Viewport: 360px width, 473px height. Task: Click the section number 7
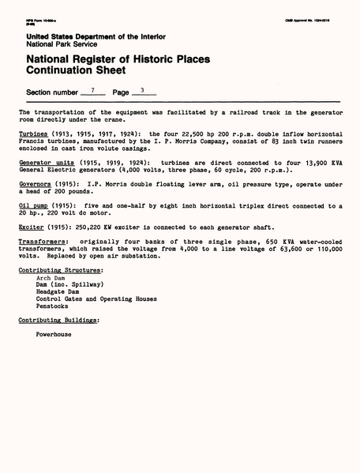(x=92, y=91)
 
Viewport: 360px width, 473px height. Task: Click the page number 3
(x=142, y=91)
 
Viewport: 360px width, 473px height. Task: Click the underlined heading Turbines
(x=33, y=133)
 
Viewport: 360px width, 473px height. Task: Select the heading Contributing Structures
(x=61, y=271)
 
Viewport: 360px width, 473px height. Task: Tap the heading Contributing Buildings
(x=59, y=321)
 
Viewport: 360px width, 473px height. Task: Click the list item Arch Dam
(x=51, y=278)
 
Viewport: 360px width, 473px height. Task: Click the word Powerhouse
(x=54, y=334)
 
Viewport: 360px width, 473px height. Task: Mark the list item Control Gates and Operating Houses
(x=96, y=299)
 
